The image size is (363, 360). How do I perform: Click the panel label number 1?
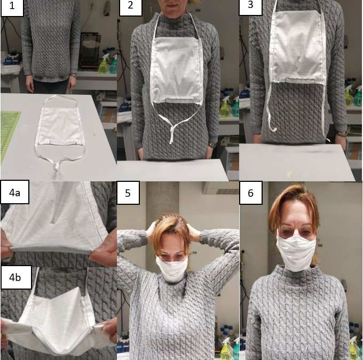pos(12,6)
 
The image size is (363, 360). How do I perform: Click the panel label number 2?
pos(130,5)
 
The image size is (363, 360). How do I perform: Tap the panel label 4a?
pos(14,193)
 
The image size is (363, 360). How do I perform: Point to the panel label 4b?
pos(15,277)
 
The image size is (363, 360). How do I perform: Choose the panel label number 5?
pos(128,193)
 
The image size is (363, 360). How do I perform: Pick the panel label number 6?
pos(250,193)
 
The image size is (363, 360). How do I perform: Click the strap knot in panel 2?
pos(172,133)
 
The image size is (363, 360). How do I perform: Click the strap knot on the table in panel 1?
pos(57,166)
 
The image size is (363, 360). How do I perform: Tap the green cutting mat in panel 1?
pos(9,134)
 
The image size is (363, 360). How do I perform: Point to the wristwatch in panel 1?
pos(73,75)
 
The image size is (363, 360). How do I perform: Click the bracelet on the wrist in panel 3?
pos(342,133)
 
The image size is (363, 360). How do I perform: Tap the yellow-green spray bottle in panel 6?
pos(225,350)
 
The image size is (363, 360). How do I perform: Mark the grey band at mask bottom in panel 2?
pos(177,100)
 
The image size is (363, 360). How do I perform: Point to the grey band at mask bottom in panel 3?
pos(301,81)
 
